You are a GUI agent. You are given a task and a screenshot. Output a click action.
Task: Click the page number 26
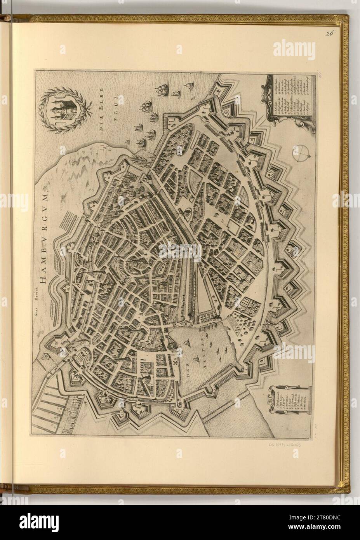[x=330, y=33]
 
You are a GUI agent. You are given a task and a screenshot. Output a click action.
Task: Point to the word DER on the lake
[x=186, y=375]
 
